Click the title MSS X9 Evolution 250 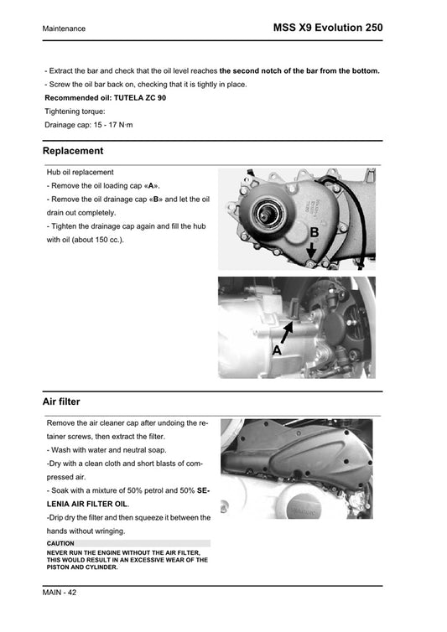coord(328,28)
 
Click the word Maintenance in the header coord(64,28)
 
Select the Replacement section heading coord(73,151)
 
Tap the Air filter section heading coord(65,401)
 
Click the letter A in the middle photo coord(278,350)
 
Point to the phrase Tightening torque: coord(75,111)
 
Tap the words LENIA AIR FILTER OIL coord(87,504)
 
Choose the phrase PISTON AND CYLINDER coord(83,567)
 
